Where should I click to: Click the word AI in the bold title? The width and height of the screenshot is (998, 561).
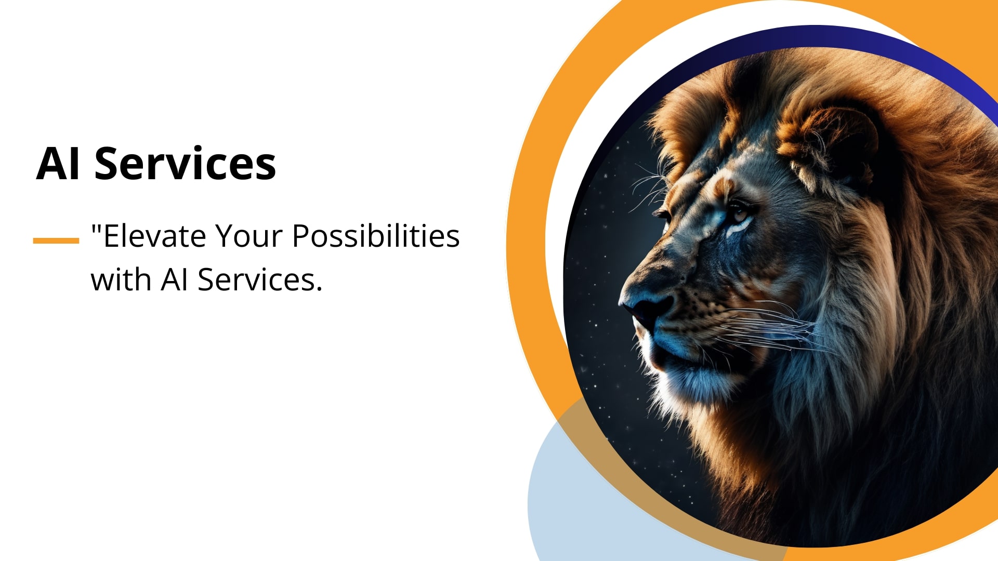pos(58,164)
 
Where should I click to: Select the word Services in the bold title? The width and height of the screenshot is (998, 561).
pos(185,164)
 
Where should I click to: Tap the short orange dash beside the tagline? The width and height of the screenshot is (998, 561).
pos(56,241)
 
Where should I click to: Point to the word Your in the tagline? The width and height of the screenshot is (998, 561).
pos(248,236)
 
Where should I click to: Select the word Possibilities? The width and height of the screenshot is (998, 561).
pos(376,236)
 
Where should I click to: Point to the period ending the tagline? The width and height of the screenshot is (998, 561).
pos(319,289)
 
